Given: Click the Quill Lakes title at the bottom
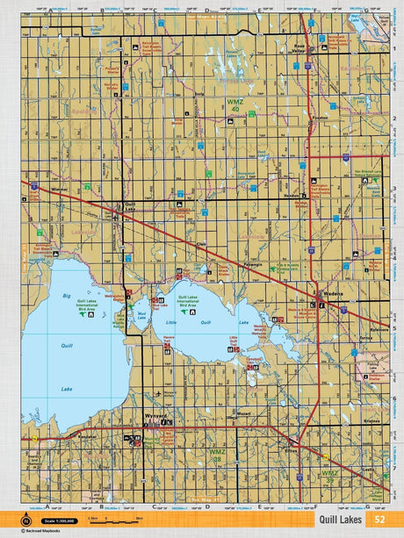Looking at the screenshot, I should (x=342, y=519).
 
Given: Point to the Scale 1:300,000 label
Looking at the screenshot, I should (x=54, y=518).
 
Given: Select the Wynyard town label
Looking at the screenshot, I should (x=155, y=417).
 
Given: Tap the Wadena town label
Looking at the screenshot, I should (x=333, y=298).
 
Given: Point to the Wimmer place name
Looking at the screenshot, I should (x=60, y=189).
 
